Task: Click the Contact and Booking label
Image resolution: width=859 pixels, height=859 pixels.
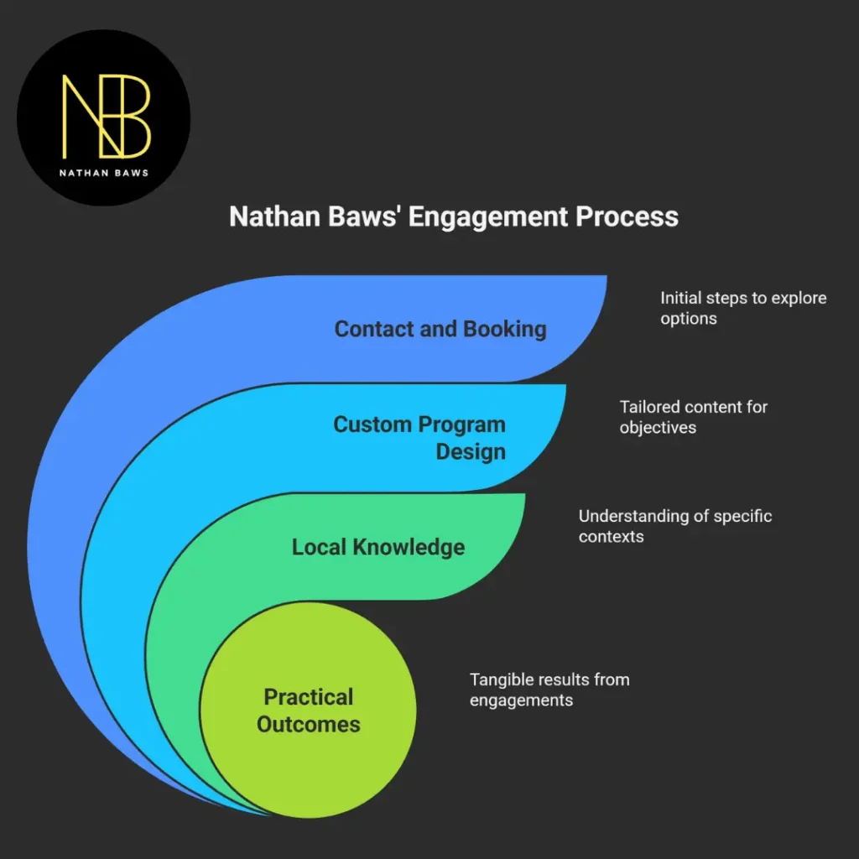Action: tap(440, 329)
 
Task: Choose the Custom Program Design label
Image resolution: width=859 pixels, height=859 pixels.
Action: tap(419, 437)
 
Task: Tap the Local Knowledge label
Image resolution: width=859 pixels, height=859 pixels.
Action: tap(377, 547)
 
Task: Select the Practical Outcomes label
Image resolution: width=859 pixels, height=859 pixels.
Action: tap(309, 710)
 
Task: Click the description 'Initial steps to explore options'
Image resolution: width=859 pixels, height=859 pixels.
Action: tap(742, 308)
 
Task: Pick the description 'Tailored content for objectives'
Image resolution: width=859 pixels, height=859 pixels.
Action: tap(693, 417)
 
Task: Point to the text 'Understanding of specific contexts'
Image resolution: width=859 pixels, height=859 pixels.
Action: tap(674, 526)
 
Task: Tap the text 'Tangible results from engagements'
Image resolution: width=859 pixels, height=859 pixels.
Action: tap(549, 689)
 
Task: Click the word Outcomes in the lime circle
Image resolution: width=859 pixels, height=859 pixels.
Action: tap(309, 724)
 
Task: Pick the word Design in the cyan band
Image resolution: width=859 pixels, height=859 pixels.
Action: tap(471, 451)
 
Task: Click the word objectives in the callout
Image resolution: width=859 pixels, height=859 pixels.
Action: tap(658, 427)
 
